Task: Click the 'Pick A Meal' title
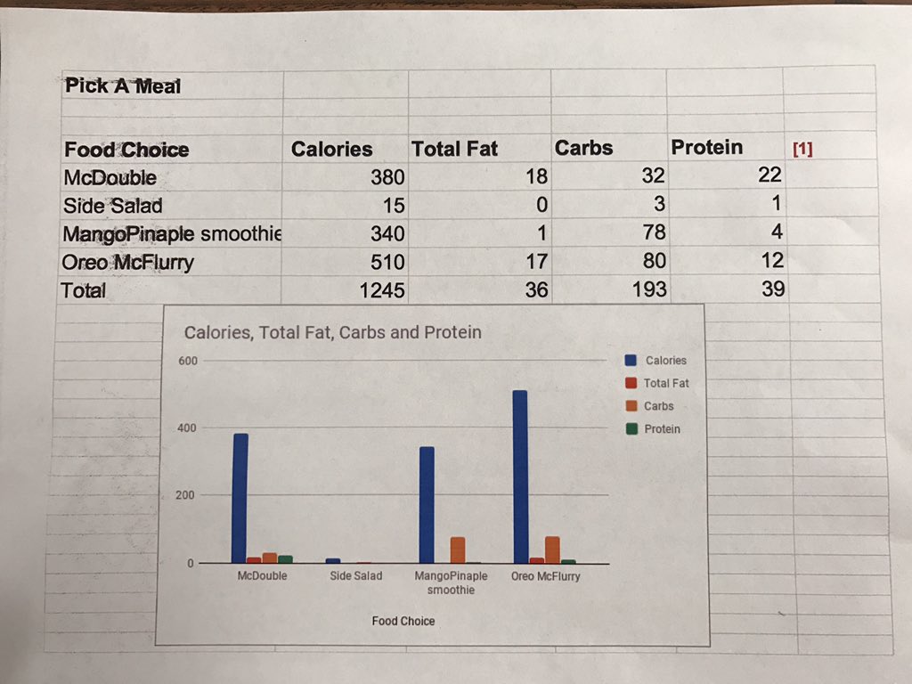tap(122, 85)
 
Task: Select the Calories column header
tap(331, 149)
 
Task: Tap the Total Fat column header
tap(454, 149)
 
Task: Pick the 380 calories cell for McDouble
tap(387, 177)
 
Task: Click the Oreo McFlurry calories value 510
tap(387, 262)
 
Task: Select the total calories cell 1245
tap(382, 290)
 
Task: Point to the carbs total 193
tap(648, 289)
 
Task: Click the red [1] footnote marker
tap(802, 149)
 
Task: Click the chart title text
tap(332, 332)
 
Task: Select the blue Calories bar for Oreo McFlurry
tap(520, 476)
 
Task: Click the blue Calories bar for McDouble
tap(240, 498)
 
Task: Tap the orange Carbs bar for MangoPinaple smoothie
tap(458, 550)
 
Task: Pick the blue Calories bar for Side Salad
tap(333, 560)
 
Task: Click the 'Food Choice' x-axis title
tap(403, 621)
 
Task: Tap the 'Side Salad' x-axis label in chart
tap(355, 576)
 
